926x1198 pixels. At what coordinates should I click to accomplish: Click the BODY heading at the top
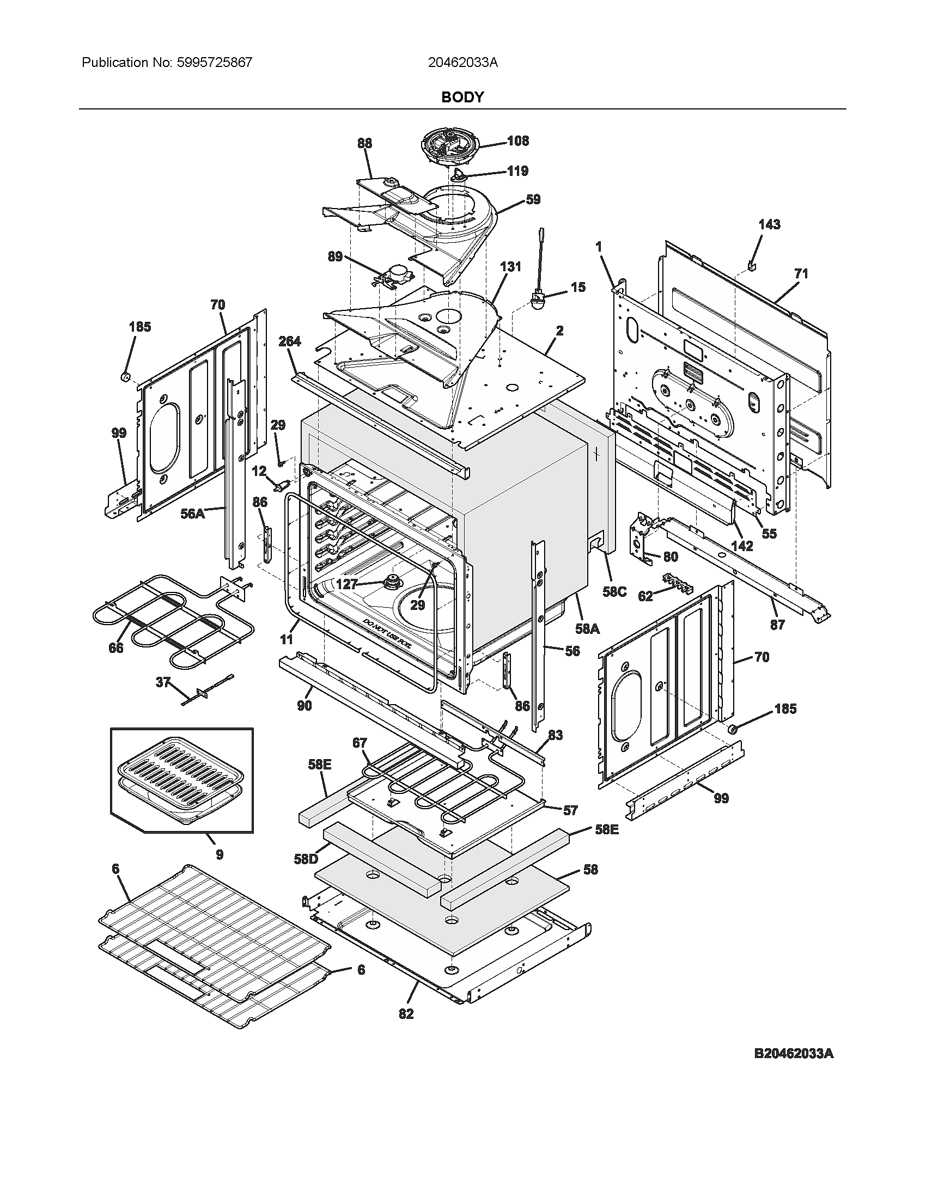tap(462, 97)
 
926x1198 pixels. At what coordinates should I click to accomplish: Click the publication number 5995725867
tap(215, 63)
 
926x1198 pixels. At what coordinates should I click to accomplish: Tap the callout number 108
tap(517, 141)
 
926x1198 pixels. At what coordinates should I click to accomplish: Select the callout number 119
tap(517, 171)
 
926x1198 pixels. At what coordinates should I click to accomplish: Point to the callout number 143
tap(769, 224)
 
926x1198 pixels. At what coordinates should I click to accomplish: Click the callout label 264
tap(289, 341)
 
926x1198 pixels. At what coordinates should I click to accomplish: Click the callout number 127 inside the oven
tap(346, 584)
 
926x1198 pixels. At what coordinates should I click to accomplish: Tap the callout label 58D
tap(306, 859)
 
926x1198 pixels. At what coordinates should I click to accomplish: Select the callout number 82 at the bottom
tap(406, 1014)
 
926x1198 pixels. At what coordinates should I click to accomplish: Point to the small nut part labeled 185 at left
tap(125, 376)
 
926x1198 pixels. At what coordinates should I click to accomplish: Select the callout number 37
tap(162, 683)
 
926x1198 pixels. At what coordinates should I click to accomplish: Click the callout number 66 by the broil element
tap(115, 648)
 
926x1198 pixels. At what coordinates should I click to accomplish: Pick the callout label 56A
tap(192, 514)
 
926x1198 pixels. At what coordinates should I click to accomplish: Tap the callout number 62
tap(645, 596)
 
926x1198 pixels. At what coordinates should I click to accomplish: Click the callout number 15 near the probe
tap(577, 288)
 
